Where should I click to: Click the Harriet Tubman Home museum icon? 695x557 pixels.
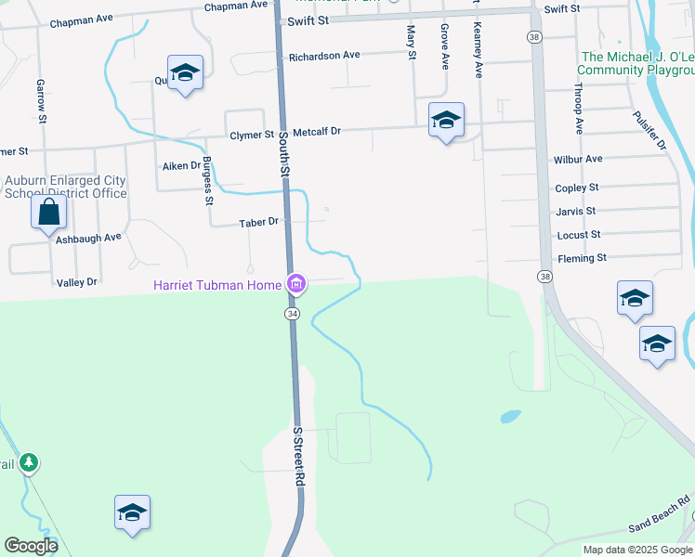point(295,284)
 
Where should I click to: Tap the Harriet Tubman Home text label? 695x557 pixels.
point(217,285)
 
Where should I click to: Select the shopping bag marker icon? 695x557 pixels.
point(48,214)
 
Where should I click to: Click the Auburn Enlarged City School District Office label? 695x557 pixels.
point(65,187)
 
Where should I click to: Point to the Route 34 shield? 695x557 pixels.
point(293,314)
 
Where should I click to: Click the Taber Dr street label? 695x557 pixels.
point(258,223)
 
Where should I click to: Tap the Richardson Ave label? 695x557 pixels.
point(323,56)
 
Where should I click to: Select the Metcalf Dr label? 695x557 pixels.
point(317,133)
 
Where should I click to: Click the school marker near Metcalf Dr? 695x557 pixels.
point(446,120)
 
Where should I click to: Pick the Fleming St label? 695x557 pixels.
point(582,258)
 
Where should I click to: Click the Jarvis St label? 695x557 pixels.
point(575,212)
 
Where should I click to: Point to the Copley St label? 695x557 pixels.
point(576,188)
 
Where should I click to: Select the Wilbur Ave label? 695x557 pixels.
point(577,160)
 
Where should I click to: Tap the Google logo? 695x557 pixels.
point(32,546)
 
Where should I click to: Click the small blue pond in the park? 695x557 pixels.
point(510,417)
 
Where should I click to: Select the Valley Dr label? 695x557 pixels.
point(76,282)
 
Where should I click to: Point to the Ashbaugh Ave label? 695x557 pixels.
point(87,238)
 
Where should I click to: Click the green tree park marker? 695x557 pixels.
point(29,461)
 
